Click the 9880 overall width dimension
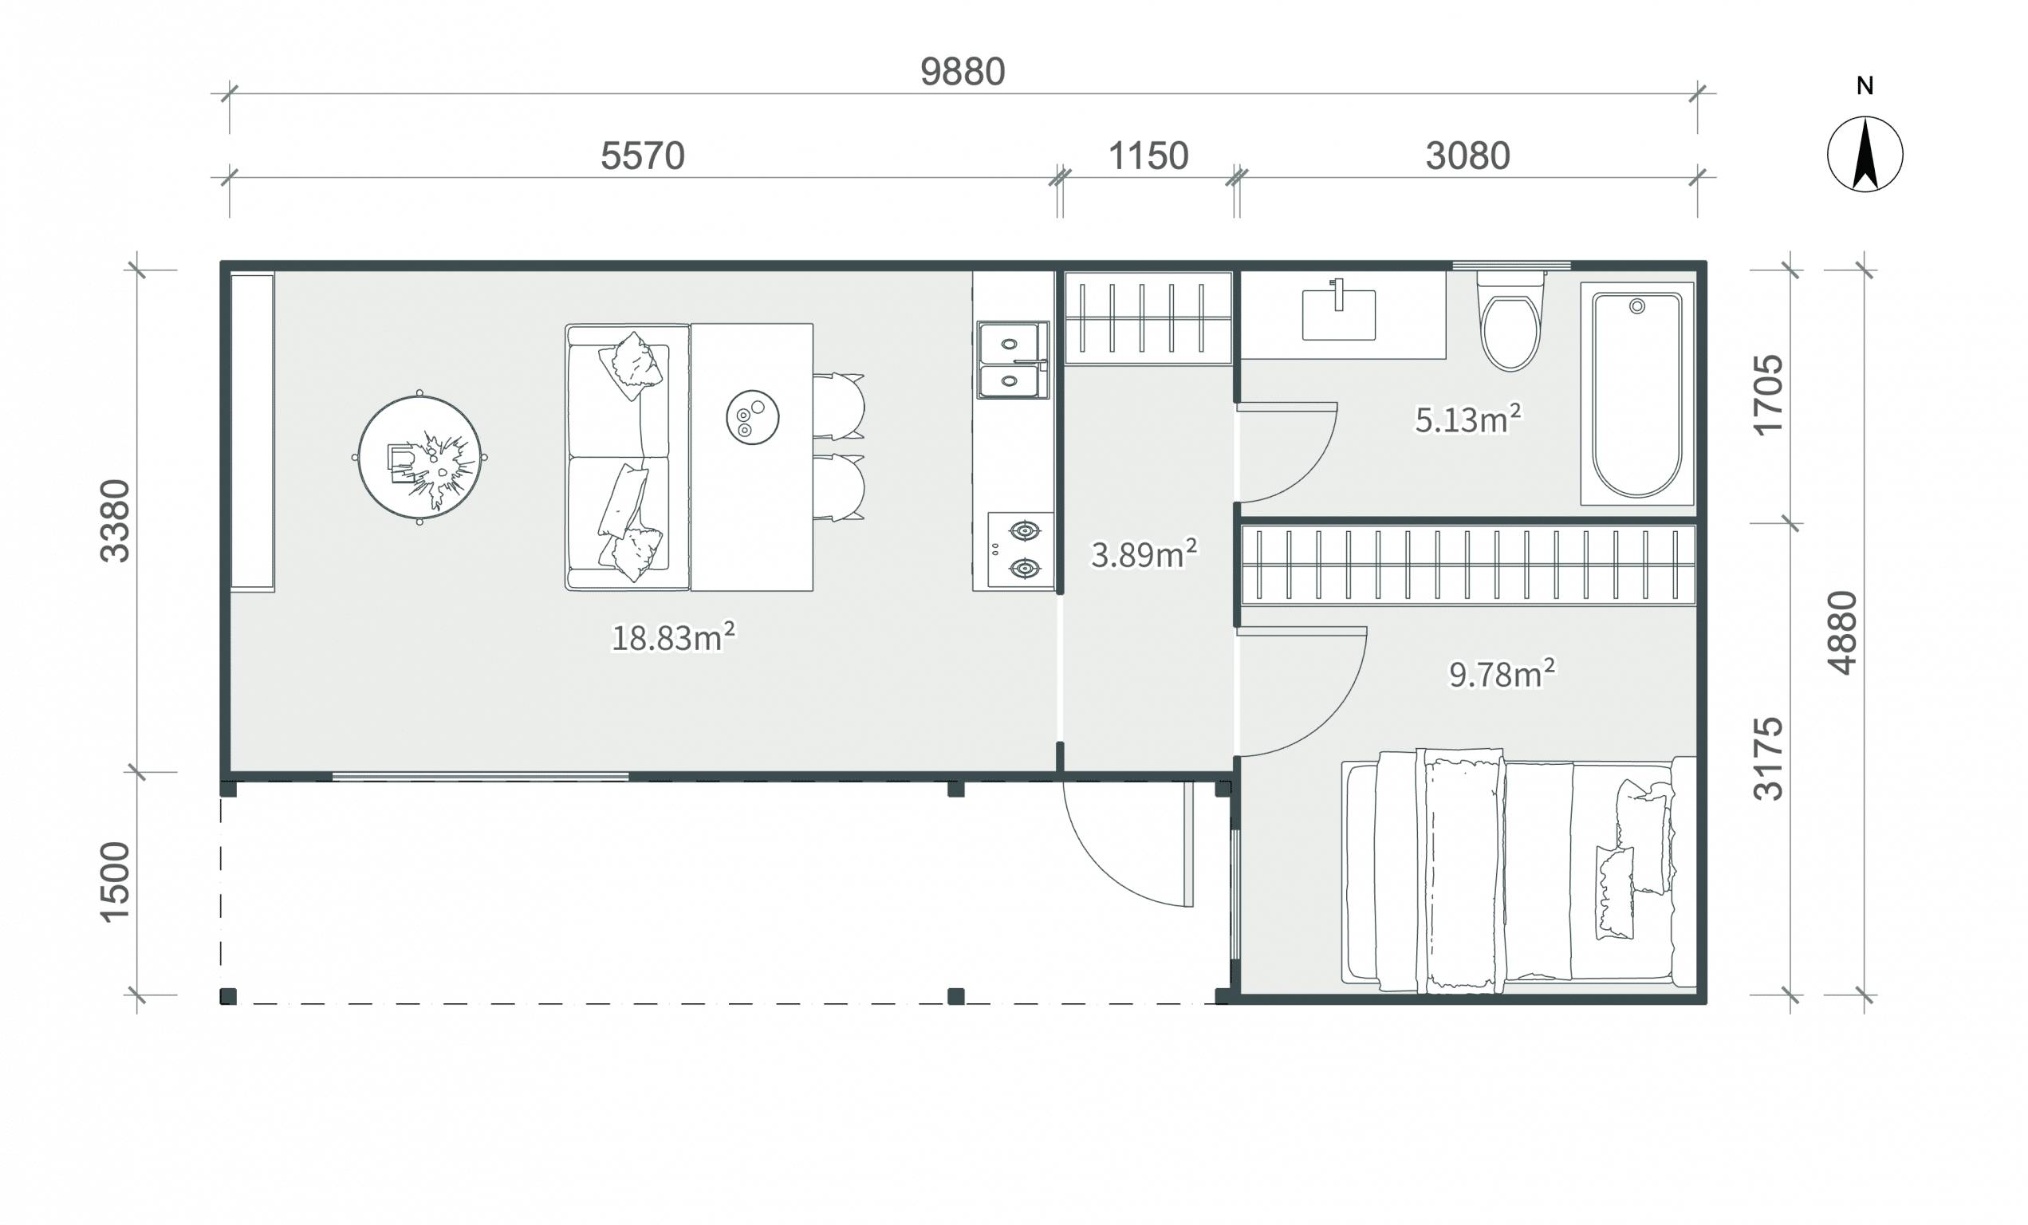click(x=962, y=73)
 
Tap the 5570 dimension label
click(x=642, y=156)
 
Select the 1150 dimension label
click(x=1148, y=156)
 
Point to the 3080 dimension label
click(x=1467, y=156)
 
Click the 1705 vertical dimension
click(x=1768, y=395)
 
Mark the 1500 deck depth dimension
click(x=114, y=882)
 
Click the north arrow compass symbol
click(x=1865, y=154)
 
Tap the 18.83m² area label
click(x=672, y=638)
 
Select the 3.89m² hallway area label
click(x=1144, y=554)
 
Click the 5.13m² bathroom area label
click(x=1467, y=419)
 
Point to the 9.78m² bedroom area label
click(x=1502, y=674)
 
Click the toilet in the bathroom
click(x=1510, y=322)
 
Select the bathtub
click(x=1637, y=393)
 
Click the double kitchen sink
click(x=1013, y=360)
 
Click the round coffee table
click(x=419, y=458)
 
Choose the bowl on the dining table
click(x=752, y=417)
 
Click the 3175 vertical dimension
click(x=1768, y=759)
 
